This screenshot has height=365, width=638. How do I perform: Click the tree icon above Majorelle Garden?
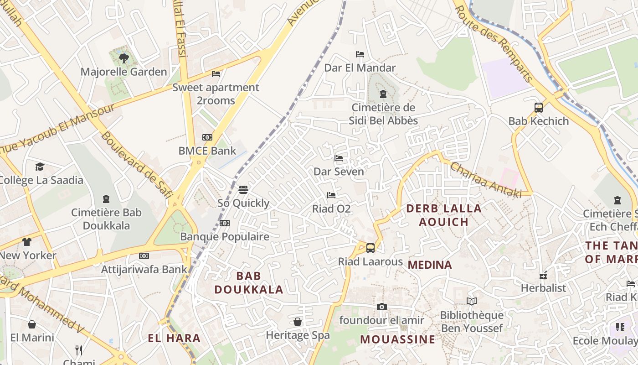pos(123,58)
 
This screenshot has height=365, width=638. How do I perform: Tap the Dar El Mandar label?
pos(360,68)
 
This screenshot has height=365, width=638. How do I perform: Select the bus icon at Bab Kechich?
pos(539,108)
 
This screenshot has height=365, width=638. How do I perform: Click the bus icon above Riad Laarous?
pos(370,248)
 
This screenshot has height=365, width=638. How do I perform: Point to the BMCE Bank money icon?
pos(207,137)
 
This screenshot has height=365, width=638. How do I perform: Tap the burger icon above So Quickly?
pos(243,190)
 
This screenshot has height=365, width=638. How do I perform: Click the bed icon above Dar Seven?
pos(339,158)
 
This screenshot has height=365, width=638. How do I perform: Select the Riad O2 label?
pos(331,209)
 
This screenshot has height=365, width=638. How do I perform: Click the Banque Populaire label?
pos(225,237)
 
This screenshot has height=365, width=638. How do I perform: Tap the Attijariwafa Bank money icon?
pos(144,256)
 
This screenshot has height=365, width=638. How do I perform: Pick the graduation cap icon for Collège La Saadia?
pos(40,167)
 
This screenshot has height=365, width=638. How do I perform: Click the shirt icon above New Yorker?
pos(27,242)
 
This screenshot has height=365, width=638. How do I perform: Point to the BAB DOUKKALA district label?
pos(249,282)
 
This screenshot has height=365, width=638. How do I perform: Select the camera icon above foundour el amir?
pos(382,307)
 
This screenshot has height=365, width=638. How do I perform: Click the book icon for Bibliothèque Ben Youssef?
pos(472,301)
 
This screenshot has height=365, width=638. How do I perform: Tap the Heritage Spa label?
pos(298,335)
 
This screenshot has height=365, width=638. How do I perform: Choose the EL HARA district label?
pos(174,339)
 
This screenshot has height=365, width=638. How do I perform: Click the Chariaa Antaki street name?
pos(486,180)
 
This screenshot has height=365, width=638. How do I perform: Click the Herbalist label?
pos(543,288)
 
